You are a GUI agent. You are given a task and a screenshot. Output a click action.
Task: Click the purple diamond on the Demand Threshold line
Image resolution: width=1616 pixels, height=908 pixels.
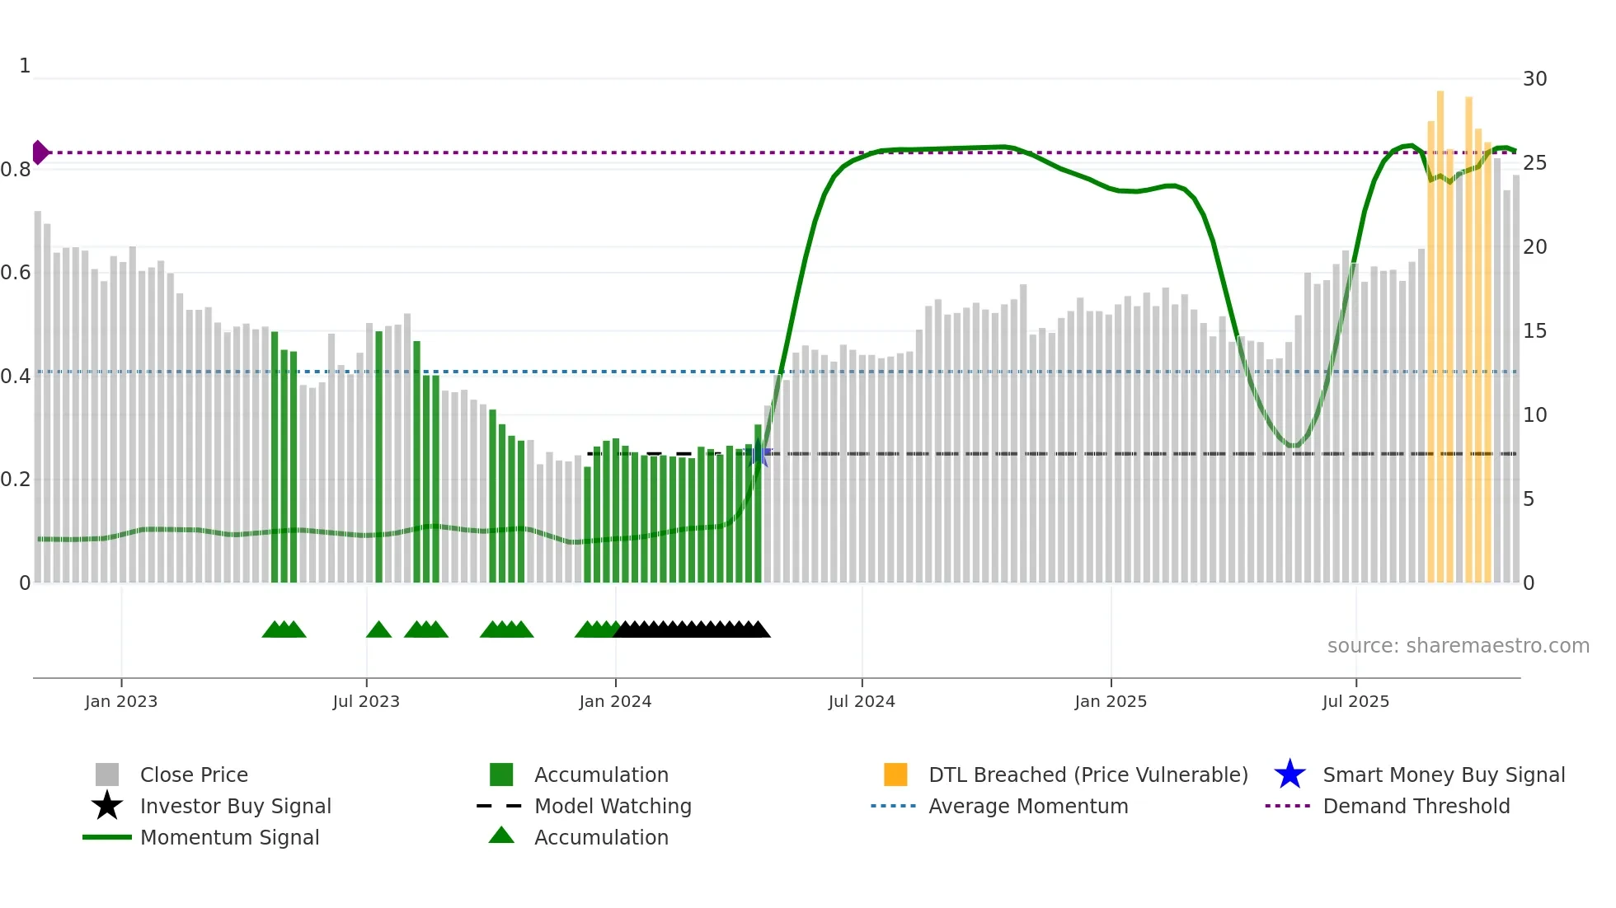click(x=40, y=152)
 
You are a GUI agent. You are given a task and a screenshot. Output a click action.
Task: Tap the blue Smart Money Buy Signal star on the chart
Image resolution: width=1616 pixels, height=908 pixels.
click(x=759, y=454)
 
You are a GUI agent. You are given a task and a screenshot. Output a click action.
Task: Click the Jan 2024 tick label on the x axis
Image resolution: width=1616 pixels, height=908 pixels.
click(x=615, y=701)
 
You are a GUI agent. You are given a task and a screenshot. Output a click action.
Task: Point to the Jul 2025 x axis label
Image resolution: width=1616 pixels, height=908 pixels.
click(x=1355, y=701)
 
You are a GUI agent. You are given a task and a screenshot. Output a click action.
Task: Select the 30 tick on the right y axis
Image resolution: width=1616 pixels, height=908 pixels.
click(x=1534, y=79)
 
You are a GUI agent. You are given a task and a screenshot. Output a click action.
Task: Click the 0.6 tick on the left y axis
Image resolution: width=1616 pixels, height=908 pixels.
click(x=16, y=272)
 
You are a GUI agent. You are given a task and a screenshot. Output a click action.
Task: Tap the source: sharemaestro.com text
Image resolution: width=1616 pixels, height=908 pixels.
click(x=1458, y=646)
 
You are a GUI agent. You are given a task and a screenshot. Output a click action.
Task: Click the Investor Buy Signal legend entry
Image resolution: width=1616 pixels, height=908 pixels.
click(x=235, y=806)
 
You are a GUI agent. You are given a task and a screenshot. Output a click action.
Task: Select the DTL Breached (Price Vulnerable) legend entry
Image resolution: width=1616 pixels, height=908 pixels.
click(x=1088, y=775)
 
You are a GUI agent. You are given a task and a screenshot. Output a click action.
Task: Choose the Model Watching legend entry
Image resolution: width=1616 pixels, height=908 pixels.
click(x=612, y=806)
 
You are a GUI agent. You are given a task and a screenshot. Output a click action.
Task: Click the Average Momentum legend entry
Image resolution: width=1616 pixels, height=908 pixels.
click(x=1027, y=806)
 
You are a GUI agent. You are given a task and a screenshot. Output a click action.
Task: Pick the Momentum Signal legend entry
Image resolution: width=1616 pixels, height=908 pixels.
click(x=229, y=837)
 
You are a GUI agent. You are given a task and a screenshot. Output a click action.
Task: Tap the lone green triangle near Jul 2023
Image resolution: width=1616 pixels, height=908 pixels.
click(x=378, y=630)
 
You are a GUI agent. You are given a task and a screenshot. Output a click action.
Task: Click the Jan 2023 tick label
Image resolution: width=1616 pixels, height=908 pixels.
click(x=121, y=701)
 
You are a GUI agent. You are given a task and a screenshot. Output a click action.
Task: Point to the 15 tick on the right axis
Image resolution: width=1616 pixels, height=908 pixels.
click(x=1534, y=331)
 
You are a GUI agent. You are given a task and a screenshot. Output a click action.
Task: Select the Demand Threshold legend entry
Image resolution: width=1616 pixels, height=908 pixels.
click(x=1416, y=806)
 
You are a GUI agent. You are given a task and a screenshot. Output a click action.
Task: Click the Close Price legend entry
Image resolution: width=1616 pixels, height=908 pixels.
click(x=194, y=775)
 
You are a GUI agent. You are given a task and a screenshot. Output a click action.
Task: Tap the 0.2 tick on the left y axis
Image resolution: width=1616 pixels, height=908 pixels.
click(x=16, y=479)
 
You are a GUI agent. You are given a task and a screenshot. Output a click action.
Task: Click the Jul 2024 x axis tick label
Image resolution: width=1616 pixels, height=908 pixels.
click(x=862, y=701)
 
